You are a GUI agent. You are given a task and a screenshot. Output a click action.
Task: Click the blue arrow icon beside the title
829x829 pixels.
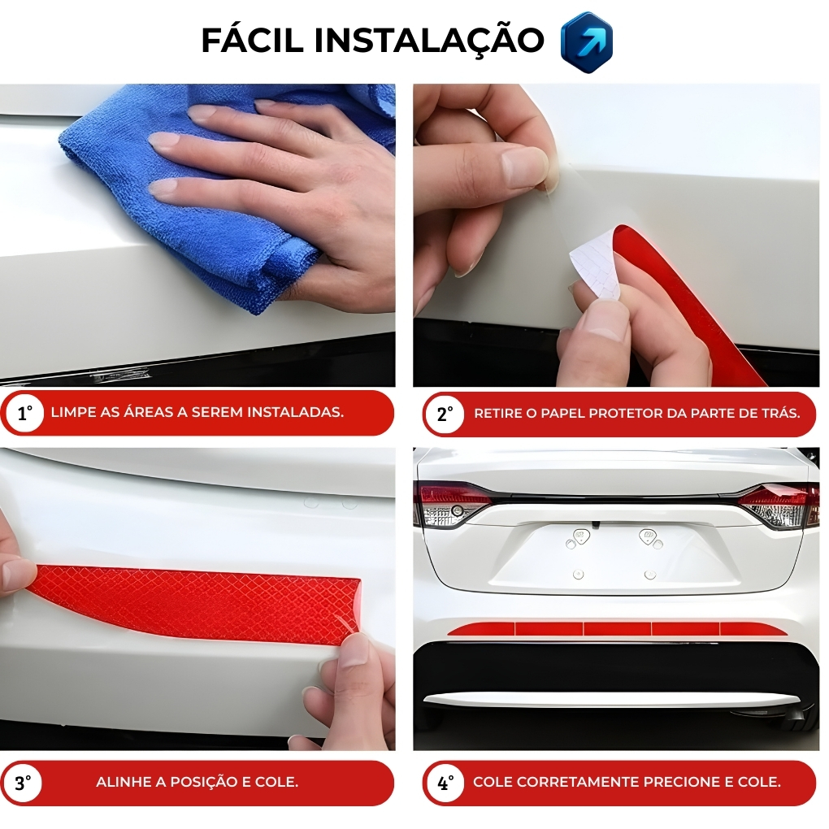point(586,42)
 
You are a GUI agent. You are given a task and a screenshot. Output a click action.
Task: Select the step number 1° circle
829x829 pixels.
point(24,414)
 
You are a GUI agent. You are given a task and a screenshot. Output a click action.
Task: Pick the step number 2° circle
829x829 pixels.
point(445,414)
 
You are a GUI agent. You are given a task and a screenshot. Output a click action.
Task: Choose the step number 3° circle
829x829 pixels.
point(24,783)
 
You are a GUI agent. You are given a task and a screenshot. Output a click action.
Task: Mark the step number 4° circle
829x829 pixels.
point(445,783)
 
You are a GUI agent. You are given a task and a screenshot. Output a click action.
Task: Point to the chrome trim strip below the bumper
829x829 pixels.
point(610,700)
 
